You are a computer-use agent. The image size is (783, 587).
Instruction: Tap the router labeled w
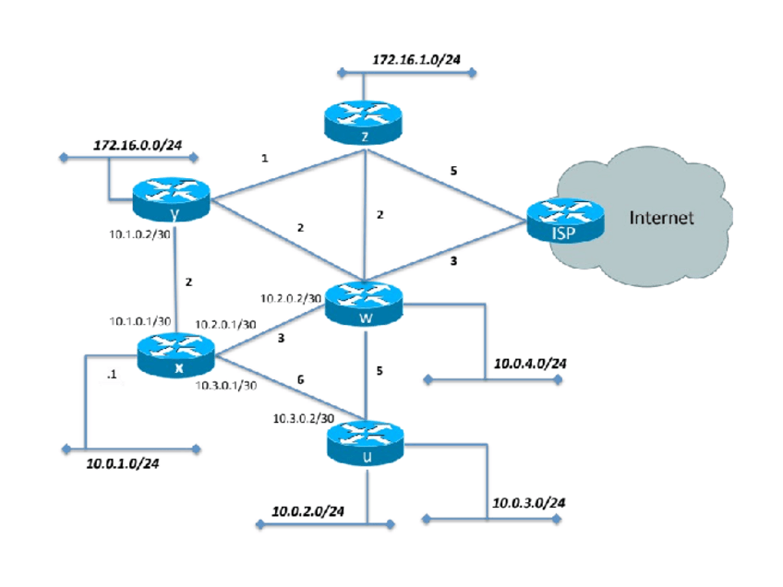pos(367,303)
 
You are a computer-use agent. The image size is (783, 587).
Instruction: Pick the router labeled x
pos(175,353)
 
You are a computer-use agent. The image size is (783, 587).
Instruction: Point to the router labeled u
pos(366,441)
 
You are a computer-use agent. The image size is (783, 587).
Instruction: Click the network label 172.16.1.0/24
pos(416,59)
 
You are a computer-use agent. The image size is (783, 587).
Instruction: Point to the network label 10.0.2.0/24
pos(308,510)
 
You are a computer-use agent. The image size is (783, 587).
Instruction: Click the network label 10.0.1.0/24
pos(123,463)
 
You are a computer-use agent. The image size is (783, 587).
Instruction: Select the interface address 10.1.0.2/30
pos(138,237)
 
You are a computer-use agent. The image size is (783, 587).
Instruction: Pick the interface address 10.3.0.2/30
pos(301,418)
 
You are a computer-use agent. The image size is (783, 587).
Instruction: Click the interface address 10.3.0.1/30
pos(225,387)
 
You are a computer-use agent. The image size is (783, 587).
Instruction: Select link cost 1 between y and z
pos(265,159)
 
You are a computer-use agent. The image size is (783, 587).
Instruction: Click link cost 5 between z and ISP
pos(453,172)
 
